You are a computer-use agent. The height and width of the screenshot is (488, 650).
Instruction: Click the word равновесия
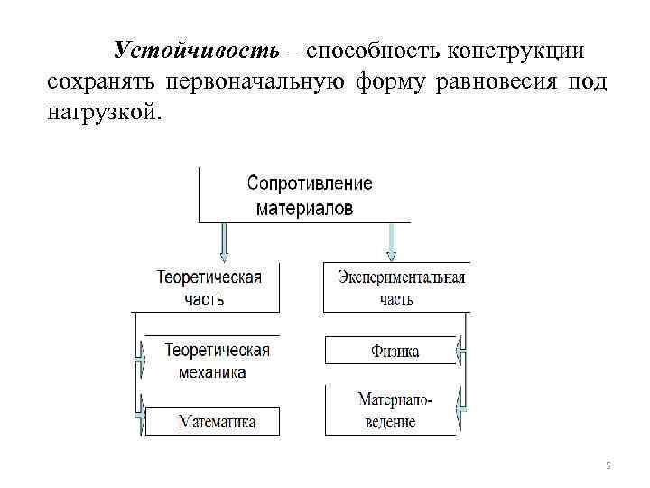(x=496, y=84)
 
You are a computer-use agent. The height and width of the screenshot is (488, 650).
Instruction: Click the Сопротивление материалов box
(x=309, y=195)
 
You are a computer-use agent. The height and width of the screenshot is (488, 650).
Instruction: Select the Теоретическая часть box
(x=209, y=287)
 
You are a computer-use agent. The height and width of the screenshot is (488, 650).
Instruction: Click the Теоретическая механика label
(x=217, y=361)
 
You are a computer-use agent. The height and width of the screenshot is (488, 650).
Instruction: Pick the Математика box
(x=215, y=421)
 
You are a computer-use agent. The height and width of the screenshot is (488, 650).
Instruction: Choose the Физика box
(x=395, y=351)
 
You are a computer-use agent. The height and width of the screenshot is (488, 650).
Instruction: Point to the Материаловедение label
(x=395, y=409)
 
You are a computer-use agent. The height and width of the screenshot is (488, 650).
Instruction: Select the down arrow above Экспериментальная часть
(x=390, y=242)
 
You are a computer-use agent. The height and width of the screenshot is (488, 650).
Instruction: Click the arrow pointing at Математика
(x=140, y=411)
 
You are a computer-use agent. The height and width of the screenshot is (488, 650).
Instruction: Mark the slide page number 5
(x=608, y=465)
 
